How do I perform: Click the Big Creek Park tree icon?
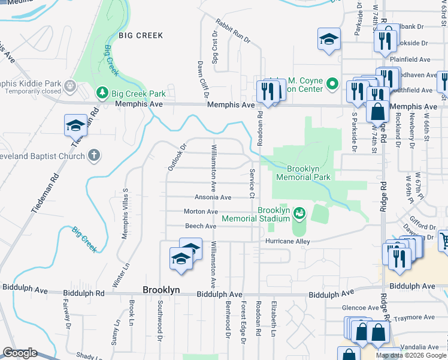pyautogui.click(x=102, y=94)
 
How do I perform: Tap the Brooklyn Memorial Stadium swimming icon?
pyautogui.click(x=299, y=212)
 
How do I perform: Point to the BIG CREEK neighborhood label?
pyautogui.click(x=141, y=35)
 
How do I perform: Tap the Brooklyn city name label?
pyautogui.click(x=161, y=290)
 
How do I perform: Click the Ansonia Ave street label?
pyautogui.click(x=213, y=197)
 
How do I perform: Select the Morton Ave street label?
pyautogui.click(x=201, y=212)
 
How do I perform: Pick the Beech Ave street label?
pyautogui.click(x=201, y=226)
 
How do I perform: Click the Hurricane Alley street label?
pyautogui.click(x=292, y=241)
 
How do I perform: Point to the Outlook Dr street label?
pyautogui.click(x=178, y=155)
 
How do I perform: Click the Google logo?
pyautogui.click(x=19, y=353)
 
